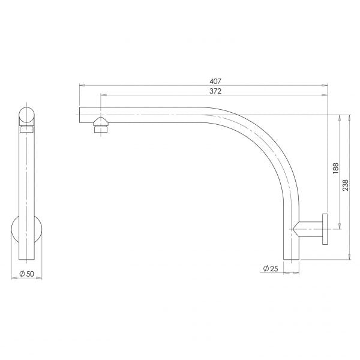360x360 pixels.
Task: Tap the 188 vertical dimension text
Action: coord(335,169)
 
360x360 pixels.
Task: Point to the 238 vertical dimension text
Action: coord(346,185)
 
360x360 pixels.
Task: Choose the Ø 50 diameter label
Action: coord(26,274)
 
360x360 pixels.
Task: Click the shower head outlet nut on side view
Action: coord(100,127)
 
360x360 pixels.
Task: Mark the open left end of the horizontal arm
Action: coord(81,113)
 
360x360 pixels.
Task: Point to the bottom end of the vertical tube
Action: coord(290,258)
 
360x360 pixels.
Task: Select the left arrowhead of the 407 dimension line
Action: coord(81,86)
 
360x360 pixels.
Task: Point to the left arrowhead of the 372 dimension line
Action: coord(103,95)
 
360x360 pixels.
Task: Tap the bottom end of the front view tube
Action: coord(26,259)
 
